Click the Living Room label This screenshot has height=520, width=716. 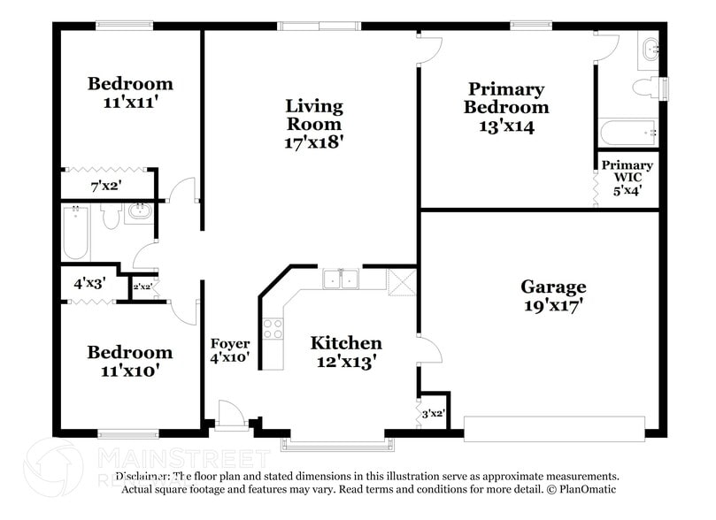[x=313, y=123]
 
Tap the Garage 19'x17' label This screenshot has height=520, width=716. [x=553, y=296]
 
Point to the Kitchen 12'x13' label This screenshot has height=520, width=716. [x=345, y=351]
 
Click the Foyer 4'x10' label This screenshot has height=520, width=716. [x=229, y=351]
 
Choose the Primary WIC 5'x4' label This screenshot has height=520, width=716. [x=627, y=177]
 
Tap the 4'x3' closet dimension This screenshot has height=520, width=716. [x=89, y=284]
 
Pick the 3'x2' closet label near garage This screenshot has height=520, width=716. [x=432, y=413]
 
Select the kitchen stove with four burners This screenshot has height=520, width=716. [x=273, y=329]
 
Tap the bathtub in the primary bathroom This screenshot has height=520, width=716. [x=627, y=133]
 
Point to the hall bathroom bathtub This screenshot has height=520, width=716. [x=75, y=233]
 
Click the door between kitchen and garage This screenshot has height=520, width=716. [x=429, y=349]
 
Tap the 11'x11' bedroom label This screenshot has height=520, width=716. [x=130, y=92]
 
